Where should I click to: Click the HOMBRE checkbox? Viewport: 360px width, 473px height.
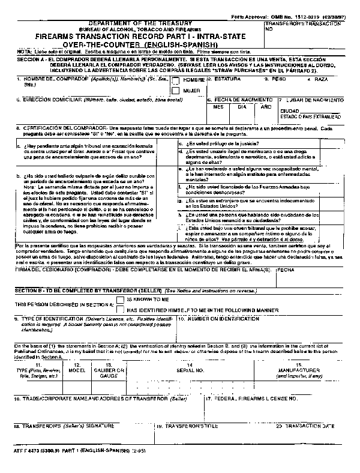click(176, 79)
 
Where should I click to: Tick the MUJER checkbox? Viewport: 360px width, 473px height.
click(176, 90)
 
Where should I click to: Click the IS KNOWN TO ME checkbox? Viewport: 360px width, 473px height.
click(121, 298)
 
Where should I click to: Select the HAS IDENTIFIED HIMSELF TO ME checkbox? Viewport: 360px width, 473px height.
click(121, 309)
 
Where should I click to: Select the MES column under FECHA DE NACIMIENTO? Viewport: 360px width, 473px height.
click(218, 106)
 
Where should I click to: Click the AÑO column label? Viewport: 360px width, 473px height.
click(265, 106)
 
